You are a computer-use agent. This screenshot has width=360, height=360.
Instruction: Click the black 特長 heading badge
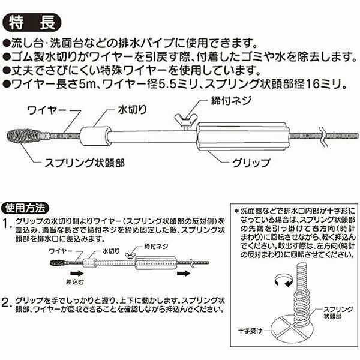32,23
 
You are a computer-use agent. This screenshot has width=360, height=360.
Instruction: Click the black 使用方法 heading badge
25,208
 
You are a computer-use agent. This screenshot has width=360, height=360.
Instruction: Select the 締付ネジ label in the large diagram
231,100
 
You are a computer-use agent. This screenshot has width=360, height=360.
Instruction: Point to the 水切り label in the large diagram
132,110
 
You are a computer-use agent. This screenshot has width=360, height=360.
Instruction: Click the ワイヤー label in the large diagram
47,110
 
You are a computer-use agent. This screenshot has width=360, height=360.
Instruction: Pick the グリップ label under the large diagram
251,163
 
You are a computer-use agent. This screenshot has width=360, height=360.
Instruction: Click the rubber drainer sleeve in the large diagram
94,136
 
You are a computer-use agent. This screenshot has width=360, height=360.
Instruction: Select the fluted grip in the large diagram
244,136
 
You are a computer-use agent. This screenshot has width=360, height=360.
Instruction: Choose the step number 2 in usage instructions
6,302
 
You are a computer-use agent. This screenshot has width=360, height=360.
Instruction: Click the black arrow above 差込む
77,273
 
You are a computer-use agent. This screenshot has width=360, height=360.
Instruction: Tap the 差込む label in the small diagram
75,282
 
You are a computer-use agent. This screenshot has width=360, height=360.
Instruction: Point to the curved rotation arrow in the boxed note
284,281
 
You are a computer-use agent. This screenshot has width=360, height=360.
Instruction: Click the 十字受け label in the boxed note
250,331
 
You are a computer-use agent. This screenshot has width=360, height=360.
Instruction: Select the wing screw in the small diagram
130,256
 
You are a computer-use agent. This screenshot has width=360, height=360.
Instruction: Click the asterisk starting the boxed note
237,211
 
